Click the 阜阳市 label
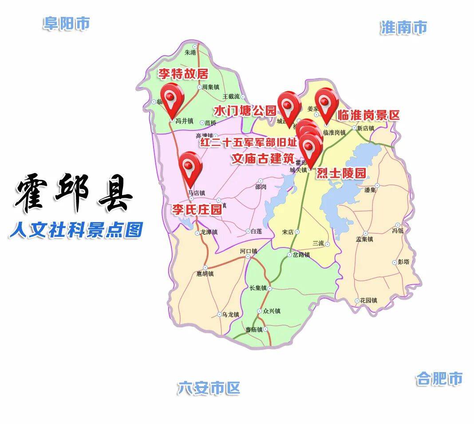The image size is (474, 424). pyautogui.click(x=67, y=23)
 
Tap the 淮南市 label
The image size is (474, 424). pyautogui.click(x=403, y=27)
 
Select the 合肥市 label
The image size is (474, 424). pyautogui.click(x=439, y=379)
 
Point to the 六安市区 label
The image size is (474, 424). pyautogui.click(x=209, y=388)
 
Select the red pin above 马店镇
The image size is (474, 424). pyautogui.click(x=190, y=167)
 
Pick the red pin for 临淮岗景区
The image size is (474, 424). pyautogui.click(x=326, y=103)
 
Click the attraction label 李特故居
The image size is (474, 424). pyautogui.click(x=183, y=74)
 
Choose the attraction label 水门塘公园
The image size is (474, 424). pyautogui.click(x=245, y=110)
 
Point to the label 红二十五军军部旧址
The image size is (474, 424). pyautogui.click(x=249, y=143)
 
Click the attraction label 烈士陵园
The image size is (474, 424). pyautogui.click(x=341, y=173)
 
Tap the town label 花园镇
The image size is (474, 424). pyautogui.click(x=368, y=300)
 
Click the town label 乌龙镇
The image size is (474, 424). pyautogui.click(x=230, y=314)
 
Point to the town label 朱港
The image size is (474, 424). pyautogui.click(x=190, y=52)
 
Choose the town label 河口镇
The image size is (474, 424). pyautogui.click(x=249, y=251)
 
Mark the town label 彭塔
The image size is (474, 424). pyautogui.click(x=403, y=262)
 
